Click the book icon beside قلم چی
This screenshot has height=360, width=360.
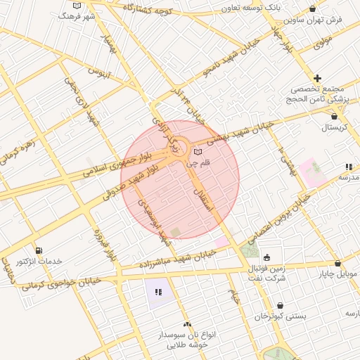(x=198, y=153)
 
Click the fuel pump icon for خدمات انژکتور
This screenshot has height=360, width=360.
(x=38, y=250)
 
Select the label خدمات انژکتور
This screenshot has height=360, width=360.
(x=39, y=261)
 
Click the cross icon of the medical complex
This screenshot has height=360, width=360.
(x=318, y=78)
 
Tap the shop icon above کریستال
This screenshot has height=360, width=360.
(x=334, y=117)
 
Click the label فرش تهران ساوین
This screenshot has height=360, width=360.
(x=319, y=20)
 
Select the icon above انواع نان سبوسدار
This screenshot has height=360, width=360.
(x=187, y=324)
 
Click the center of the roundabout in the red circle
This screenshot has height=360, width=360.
(x=177, y=148)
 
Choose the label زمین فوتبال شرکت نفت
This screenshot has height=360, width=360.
(x=267, y=274)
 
